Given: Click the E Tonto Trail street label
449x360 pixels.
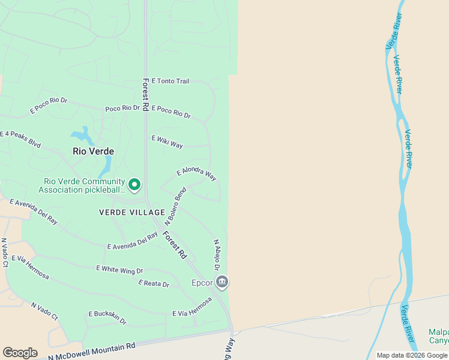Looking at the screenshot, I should point(170,81).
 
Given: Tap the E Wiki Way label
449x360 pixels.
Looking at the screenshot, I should point(167,142).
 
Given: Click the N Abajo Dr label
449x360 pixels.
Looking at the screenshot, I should point(217,255).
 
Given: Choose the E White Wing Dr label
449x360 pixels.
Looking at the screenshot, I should point(119,270).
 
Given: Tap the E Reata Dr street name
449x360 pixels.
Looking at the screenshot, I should point(154,283).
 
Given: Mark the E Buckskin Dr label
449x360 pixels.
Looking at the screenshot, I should point(107,317).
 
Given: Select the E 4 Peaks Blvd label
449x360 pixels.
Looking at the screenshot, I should point(20,139).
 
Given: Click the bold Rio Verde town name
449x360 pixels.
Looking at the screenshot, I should point(93,151).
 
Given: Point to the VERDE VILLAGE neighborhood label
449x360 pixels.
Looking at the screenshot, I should point(132,212).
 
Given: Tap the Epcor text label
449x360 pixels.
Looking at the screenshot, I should point(202,283).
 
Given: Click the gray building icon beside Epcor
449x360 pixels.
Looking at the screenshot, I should point(222,281).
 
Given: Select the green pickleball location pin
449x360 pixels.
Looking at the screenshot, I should point(134,185).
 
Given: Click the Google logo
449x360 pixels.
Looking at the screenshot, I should point(20,353).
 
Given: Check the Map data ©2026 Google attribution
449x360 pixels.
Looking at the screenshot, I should point(412,355).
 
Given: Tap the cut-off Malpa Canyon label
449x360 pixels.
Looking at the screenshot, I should point(438,337).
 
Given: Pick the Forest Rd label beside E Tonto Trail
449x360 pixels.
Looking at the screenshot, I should point(146,94).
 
